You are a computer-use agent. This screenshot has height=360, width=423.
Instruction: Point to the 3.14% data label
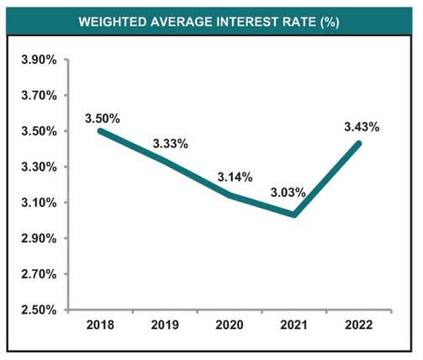[234, 177]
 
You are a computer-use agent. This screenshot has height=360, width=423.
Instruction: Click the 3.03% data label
[288, 193]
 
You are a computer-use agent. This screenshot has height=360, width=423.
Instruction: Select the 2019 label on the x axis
[167, 325]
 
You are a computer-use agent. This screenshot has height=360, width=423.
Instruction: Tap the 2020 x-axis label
[232, 325]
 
